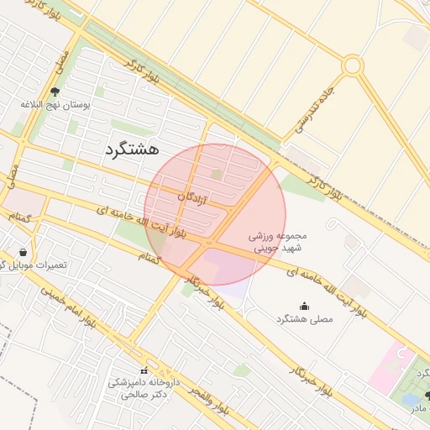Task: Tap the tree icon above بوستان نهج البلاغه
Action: click(55, 92)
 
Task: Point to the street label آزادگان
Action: click(192, 198)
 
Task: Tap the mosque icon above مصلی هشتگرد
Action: click(303, 307)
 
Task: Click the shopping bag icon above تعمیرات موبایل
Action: click(22, 251)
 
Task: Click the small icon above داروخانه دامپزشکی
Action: click(144, 370)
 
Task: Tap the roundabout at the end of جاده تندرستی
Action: click(352, 65)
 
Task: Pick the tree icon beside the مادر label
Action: click(427, 396)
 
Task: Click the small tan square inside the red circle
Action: click(217, 175)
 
